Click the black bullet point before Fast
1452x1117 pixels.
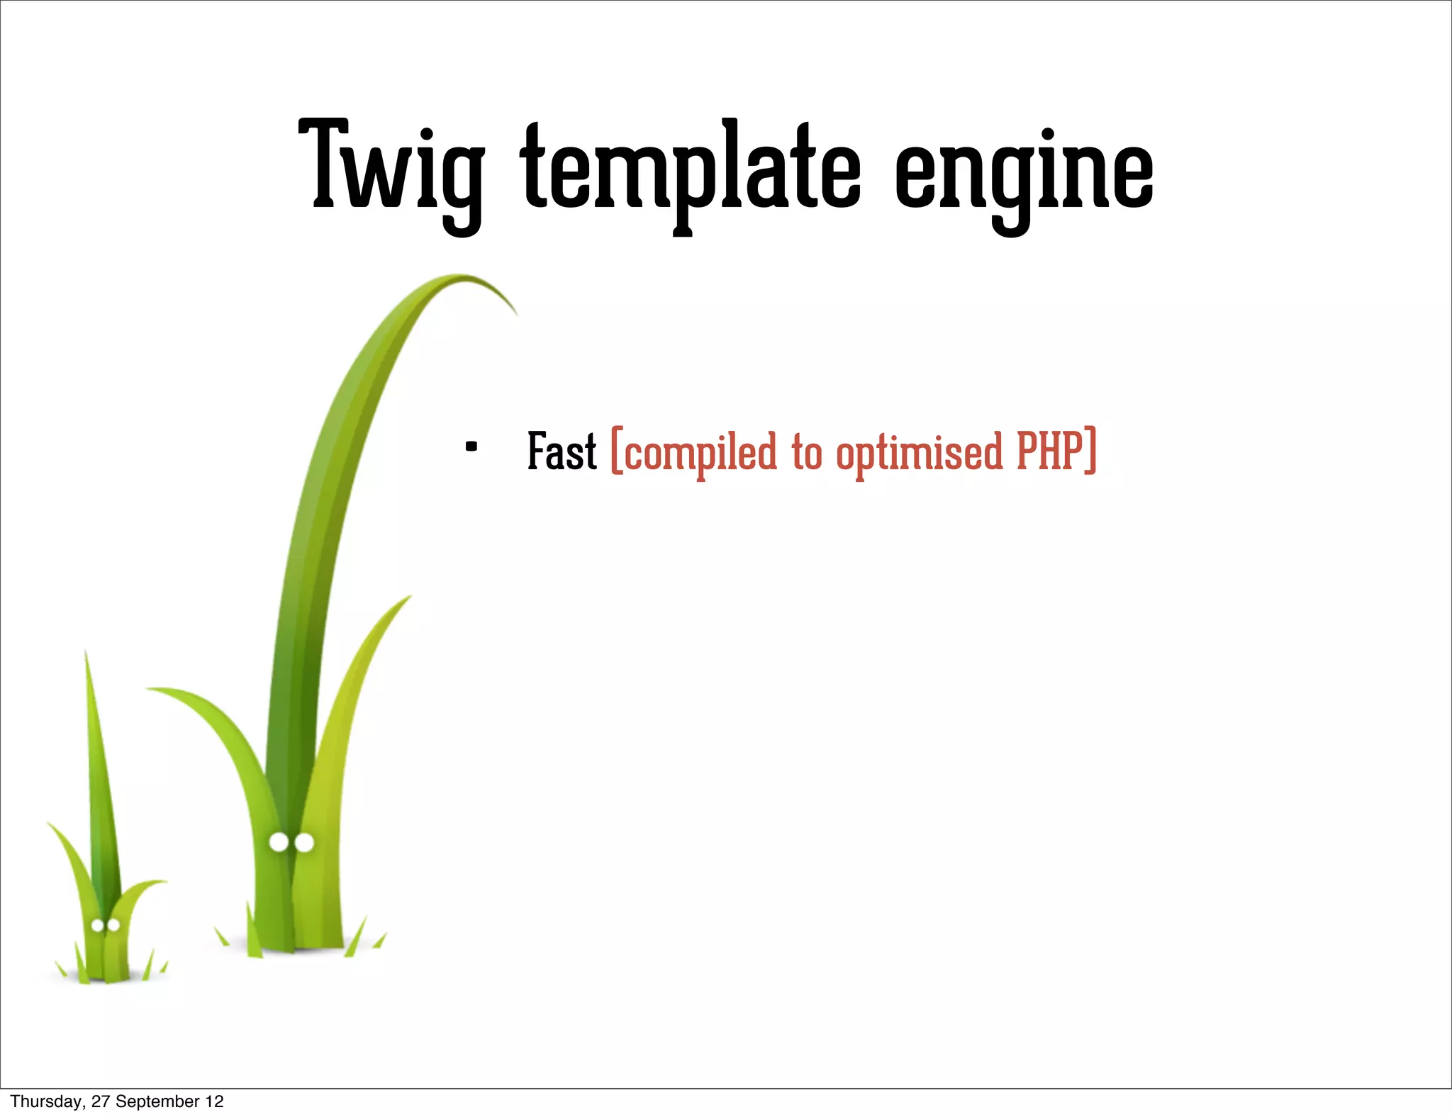pyautogui.click(x=471, y=447)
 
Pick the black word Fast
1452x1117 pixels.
pyautogui.click(x=562, y=451)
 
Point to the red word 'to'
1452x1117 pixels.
pyautogui.click(x=807, y=452)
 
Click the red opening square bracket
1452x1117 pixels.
pyautogui.click(x=617, y=450)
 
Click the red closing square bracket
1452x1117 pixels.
pyautogui.click(x=1091, y=450)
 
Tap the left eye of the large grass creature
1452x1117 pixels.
pyautogui.click(x=279, y=842)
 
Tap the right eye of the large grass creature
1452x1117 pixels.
pyautogui.click(x=304, y=843)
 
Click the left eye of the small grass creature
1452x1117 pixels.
pyautogui.click(x=98, y=925)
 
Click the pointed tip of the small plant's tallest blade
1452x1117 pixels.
pyautogui.click(x=86, y=653)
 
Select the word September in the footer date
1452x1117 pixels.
pyautogui.click(x=157, y=1101)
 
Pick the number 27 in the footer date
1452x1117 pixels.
pyautogui.click(x=101, y=1101)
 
